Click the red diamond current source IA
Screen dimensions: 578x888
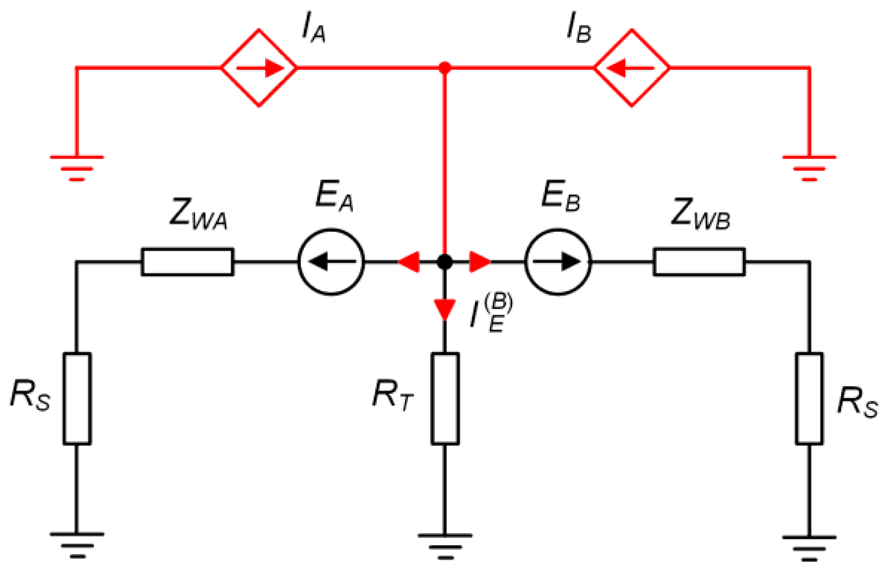click(259, 68)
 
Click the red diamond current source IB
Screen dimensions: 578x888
click(632, 68)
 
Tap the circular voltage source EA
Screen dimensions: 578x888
click(331, 262)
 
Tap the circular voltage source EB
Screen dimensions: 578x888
click(557, 262)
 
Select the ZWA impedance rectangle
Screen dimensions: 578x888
click(188, 262)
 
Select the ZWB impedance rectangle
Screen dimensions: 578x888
click(699, 262)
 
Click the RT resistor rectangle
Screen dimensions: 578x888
click(445, 399)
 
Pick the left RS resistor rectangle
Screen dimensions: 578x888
click(77, 399)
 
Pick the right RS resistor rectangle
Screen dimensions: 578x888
click(809, 399)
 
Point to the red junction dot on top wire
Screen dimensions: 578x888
click(445, 68)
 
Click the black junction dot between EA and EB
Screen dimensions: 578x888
click(445, 262)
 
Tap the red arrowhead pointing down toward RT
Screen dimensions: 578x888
click(445, 309)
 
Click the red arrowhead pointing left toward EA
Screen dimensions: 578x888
click(409, 262)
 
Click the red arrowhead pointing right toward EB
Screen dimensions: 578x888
click(479, 262)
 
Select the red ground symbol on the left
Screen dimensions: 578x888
click(77, 167)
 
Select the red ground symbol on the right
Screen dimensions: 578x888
click(809, 167)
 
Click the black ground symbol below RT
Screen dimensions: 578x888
click(445, 545)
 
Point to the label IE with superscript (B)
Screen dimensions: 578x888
click(491, 314)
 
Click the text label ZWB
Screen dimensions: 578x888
click(700, 214)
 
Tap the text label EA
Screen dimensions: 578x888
click(334, 196)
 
